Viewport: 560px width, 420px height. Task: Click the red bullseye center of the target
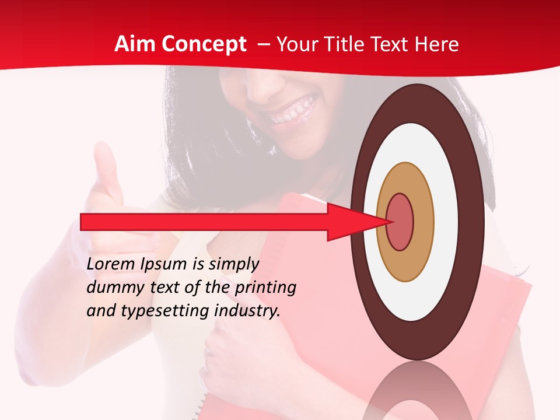point(400,222)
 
